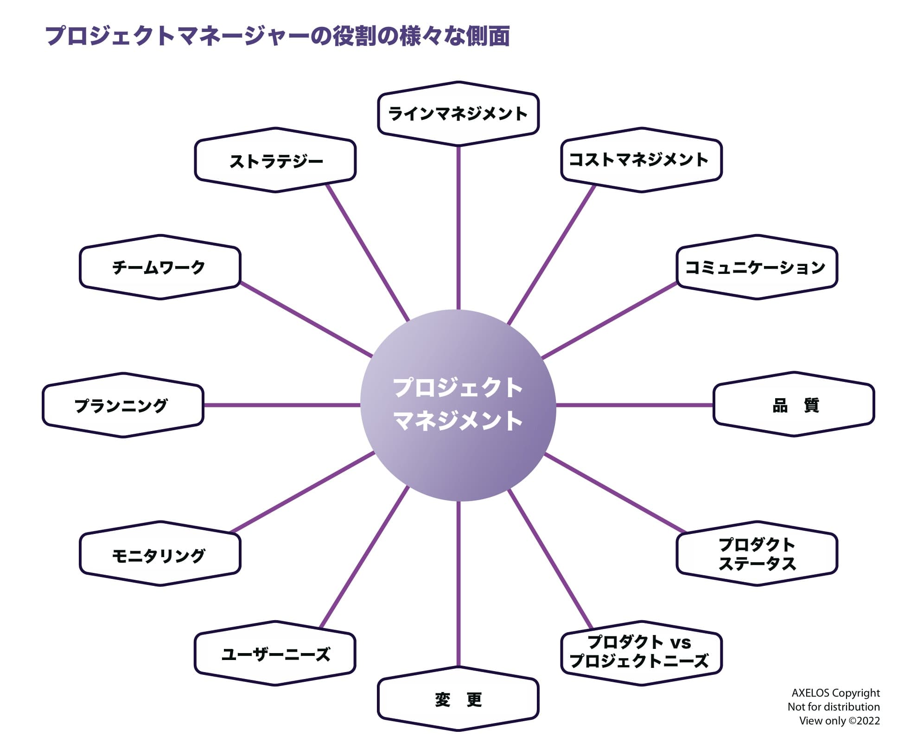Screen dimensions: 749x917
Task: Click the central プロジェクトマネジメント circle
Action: click(458, 405)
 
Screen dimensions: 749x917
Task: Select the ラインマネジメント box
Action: click(458, 114)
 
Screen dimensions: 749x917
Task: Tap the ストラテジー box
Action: click(275, 160)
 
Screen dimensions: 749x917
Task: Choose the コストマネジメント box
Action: click(641, 160)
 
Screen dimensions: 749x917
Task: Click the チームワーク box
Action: click(160, 267)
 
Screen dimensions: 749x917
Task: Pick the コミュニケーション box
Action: click(757, 267)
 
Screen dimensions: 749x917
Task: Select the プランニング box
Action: click(123, 405)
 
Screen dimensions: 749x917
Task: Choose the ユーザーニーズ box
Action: click(275, 653)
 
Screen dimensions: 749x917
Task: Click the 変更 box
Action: click(458, 699)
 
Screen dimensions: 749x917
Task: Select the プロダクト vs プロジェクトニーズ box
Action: click(641, 653)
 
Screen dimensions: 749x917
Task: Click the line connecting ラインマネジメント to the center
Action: click(458, 227)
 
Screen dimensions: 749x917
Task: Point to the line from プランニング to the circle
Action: click(282, 405)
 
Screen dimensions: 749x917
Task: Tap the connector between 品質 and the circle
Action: click(634, 405)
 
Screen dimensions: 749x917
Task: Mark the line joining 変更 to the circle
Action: click(458, 584)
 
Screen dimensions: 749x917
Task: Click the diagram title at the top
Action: click(278, 36)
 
